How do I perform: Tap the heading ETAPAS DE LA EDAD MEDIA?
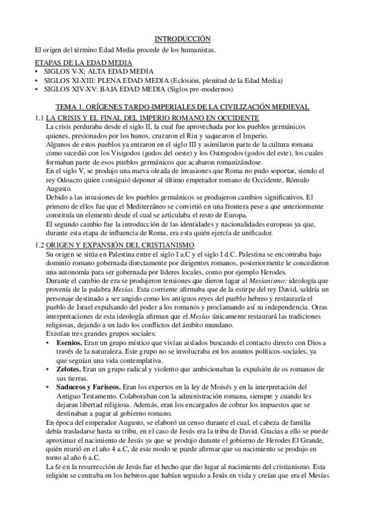83,63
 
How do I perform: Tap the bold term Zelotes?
66,372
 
